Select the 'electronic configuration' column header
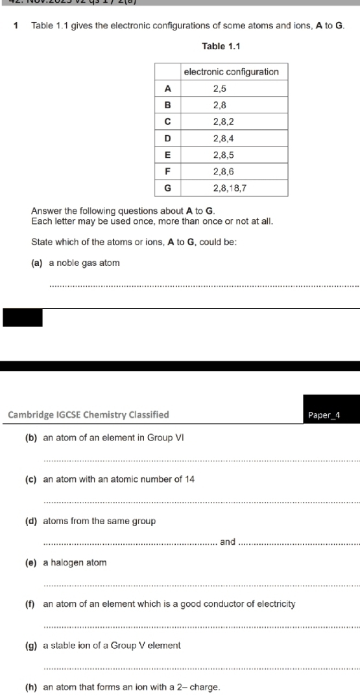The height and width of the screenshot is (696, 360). tap(232, 71)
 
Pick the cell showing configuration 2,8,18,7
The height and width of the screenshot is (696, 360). tap(232, 188)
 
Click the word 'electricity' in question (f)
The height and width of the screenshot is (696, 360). tap(277, 605)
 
